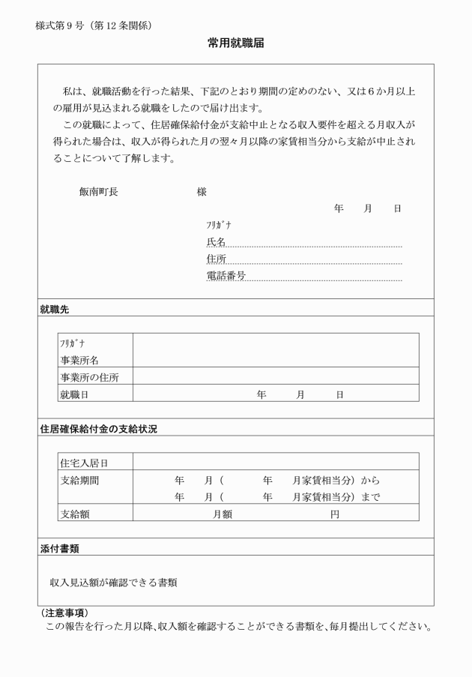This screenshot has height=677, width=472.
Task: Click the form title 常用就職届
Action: tap(236, 44)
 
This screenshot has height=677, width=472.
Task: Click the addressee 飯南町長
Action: tap(98, 192)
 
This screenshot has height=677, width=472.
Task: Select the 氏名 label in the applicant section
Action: tap(216, 241)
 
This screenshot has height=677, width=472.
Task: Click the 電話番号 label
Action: tap(226, 276)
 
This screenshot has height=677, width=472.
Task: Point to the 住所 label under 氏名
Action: tap(216, 259)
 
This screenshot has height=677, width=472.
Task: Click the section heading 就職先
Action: tap(55, 308)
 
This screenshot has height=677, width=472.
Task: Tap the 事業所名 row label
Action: tap(79, 361)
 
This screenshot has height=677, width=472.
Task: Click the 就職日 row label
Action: tap(74, 394)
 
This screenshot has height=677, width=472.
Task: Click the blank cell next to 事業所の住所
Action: tap(276, 377)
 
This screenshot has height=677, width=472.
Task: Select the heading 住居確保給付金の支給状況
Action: tap(98, 429)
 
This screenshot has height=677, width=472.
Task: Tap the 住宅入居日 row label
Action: tap(84, 463)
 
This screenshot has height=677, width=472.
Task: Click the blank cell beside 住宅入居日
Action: tap(276, 462)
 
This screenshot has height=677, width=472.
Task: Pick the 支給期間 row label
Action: tap(79, 480)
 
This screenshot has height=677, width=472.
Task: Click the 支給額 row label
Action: tap(74, 514)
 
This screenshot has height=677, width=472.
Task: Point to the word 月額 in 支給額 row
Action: tap(223, 514)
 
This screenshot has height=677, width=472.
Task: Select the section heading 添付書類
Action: tap(59, 548)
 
